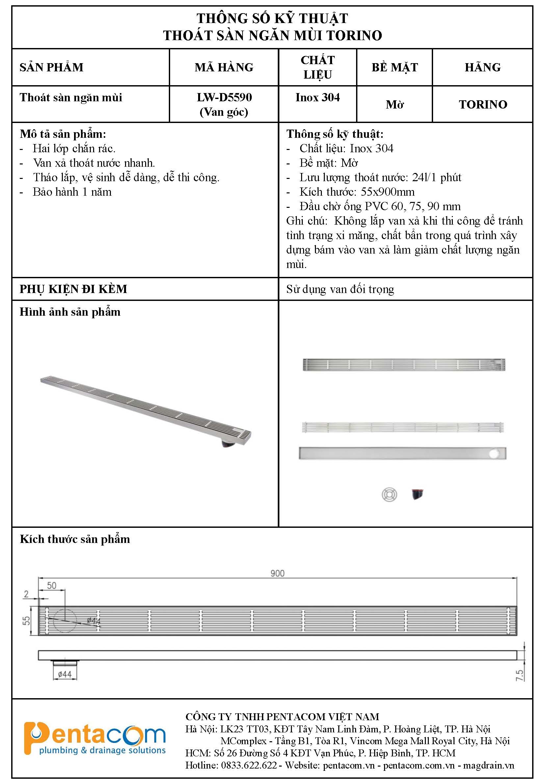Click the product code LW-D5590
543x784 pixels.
(224, 98)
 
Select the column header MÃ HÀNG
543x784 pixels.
(224, 67)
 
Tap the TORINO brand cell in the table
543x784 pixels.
(483, 104)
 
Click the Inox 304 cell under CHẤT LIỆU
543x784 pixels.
(318, 98)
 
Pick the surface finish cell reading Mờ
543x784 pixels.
(395, 104)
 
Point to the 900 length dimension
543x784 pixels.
(277, 573)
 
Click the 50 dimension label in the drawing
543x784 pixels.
(52, 585)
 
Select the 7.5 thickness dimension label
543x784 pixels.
(520, 675)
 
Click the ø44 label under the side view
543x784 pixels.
(65, 674)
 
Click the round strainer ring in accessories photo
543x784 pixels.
(389, 494)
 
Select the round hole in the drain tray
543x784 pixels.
(494, 453)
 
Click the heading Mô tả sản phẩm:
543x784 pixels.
(63, 134)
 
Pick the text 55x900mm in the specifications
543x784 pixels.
(388, 192)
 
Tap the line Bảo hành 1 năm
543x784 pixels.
(72, 192)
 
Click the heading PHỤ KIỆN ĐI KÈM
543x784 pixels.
(73, 289)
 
